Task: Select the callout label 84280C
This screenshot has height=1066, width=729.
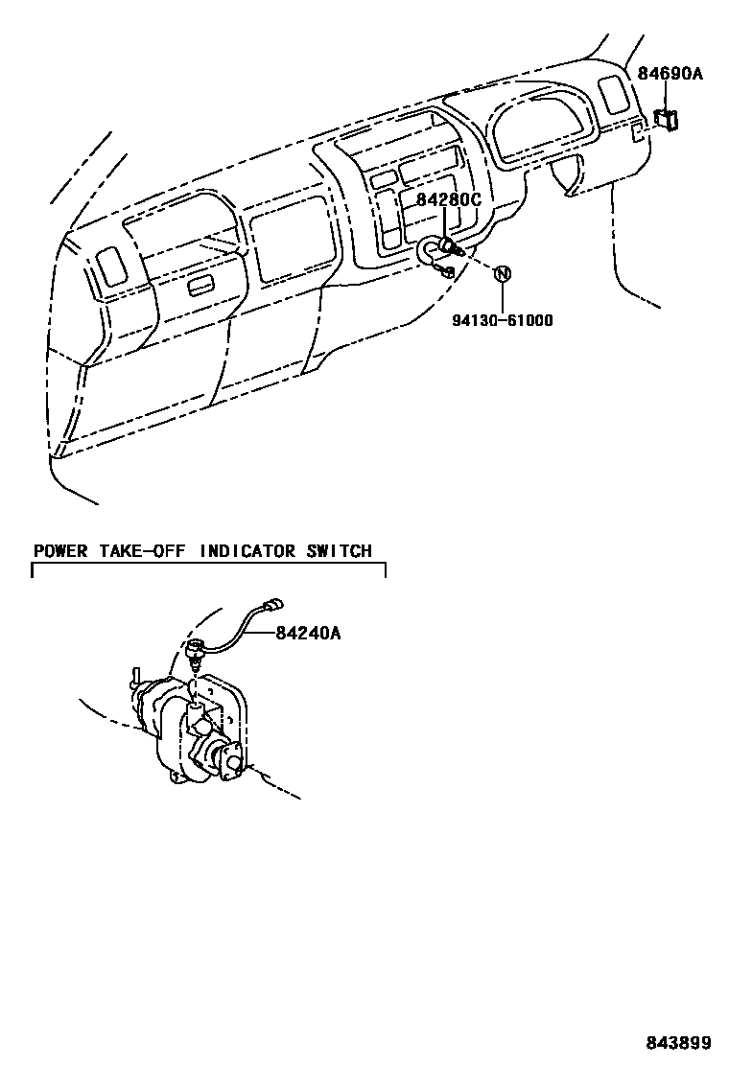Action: point(447,200)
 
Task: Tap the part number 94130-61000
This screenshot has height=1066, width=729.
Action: point(503,320)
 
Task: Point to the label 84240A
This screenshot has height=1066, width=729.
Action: point(309,633)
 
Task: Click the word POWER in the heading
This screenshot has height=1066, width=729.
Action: point(60,551)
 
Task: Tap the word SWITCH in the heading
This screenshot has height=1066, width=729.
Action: point(339,551)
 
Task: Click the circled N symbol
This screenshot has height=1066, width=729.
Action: point(501,273)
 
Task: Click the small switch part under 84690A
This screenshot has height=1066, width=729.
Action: point(666,120)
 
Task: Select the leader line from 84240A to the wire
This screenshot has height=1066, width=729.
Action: point(261,633)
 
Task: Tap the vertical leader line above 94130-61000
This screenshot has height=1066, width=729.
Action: point(502,297)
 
